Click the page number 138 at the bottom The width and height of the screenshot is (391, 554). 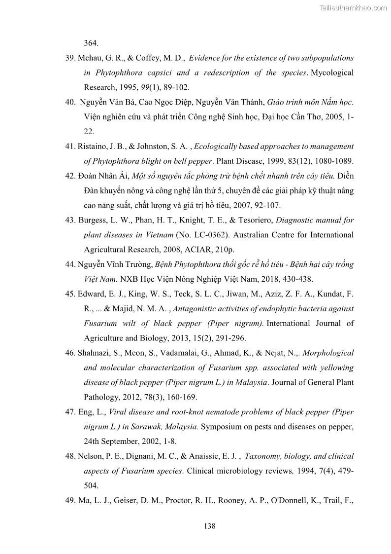click(209, 526)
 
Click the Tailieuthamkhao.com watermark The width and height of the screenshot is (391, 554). click(353, 7)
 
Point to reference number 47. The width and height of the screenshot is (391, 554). click(71, 412)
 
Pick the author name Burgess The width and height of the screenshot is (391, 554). click(93, 221)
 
